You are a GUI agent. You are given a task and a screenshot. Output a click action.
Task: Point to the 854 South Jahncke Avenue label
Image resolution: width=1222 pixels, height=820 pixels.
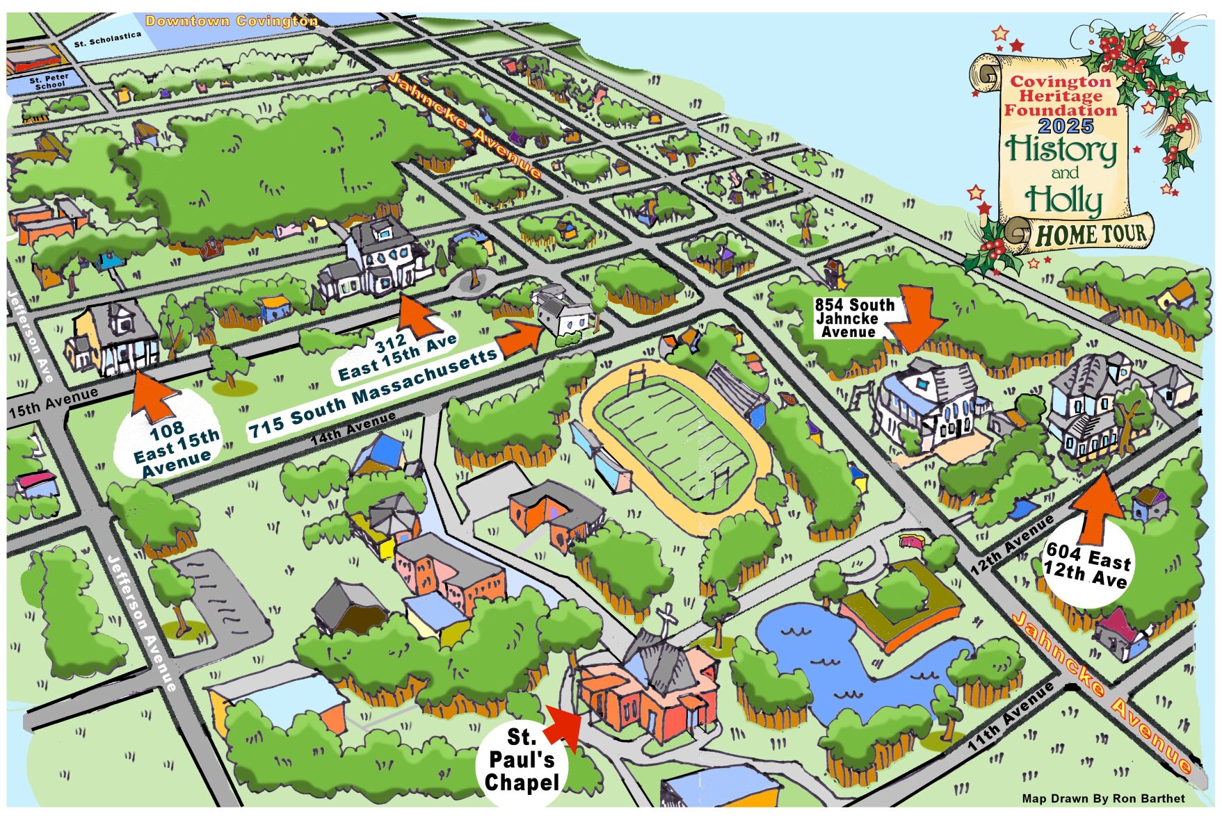[854, 318]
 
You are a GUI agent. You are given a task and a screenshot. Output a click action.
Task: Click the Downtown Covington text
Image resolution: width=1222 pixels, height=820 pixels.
[232, 21]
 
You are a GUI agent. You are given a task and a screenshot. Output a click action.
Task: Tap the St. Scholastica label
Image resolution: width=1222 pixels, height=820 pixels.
[108, 40]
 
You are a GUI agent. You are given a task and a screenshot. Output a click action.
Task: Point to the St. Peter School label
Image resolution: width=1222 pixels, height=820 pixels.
[49, 82]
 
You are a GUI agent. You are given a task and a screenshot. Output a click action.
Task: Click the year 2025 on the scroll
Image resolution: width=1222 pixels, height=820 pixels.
[1066, 126]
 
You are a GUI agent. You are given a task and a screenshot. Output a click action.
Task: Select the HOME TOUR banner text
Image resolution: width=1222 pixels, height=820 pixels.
[1090, 235]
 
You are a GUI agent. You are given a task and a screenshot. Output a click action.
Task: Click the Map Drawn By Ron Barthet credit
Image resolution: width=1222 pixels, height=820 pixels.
[1103, 798]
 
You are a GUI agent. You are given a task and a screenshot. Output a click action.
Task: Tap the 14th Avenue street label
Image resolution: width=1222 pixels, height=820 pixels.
[353, 428]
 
